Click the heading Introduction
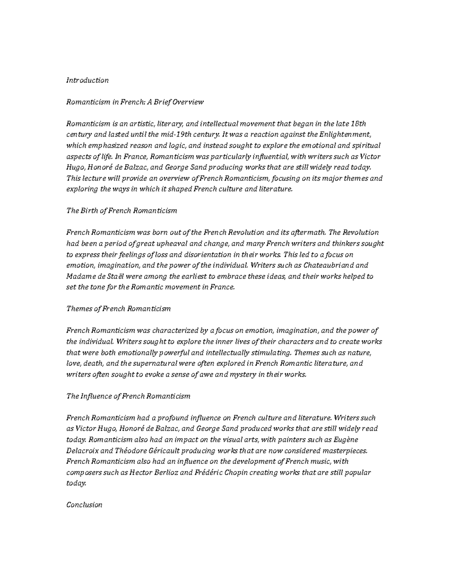tap(87, 80)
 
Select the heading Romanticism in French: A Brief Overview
tap(135, 102)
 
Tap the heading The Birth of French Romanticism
tap(121, 211)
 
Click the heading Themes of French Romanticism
tap(118, 309)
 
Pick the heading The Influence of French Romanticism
tap(128, 396)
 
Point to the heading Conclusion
tap(84, 505)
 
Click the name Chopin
tap(236, 473)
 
